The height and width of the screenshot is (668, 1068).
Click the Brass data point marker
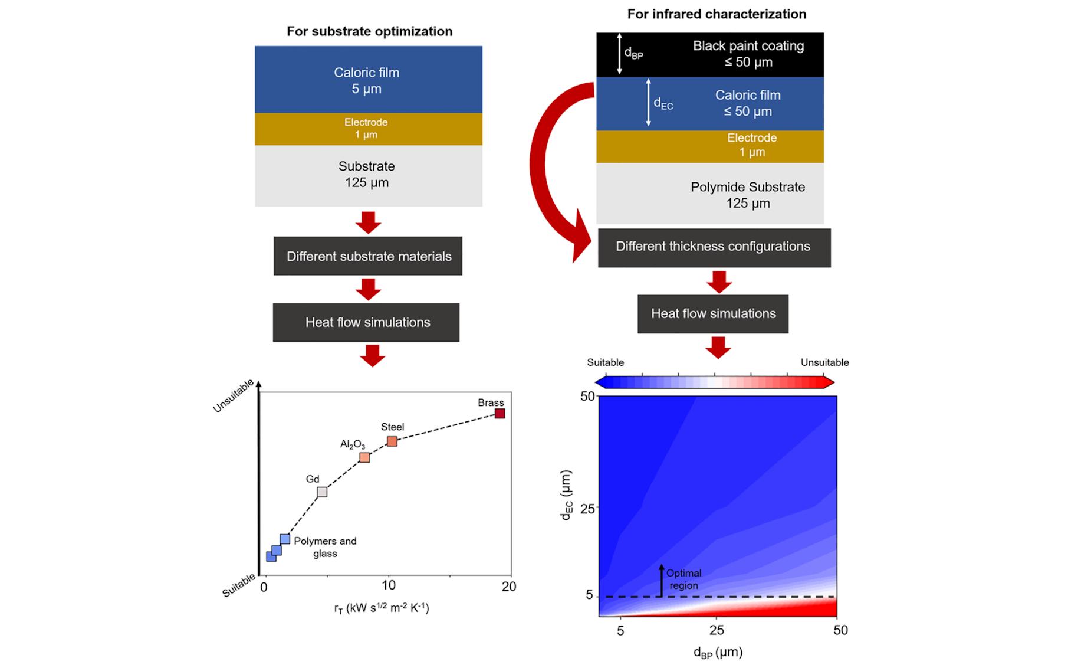500,414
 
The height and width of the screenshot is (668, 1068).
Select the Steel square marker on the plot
392,441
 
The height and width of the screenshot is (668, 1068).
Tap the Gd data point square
322,492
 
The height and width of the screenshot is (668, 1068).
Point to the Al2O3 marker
364,457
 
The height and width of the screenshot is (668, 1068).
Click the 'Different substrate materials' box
368,256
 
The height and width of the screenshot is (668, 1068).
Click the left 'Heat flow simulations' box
366,322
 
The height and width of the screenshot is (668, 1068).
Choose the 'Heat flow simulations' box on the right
713,314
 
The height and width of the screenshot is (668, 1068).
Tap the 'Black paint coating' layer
710,55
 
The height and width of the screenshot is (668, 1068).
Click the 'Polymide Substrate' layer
710,194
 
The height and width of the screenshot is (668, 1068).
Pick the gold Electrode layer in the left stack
369,129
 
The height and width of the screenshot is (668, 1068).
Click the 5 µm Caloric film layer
369,80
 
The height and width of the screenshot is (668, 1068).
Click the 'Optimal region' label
684,579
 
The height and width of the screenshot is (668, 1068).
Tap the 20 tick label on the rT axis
509,587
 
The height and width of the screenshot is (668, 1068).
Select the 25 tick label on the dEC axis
588,509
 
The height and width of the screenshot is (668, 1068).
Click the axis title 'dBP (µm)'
718,652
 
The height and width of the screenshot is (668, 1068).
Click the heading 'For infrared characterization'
717,14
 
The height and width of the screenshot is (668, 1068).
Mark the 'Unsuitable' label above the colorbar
824,362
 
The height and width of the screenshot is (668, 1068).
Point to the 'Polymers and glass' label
325,547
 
